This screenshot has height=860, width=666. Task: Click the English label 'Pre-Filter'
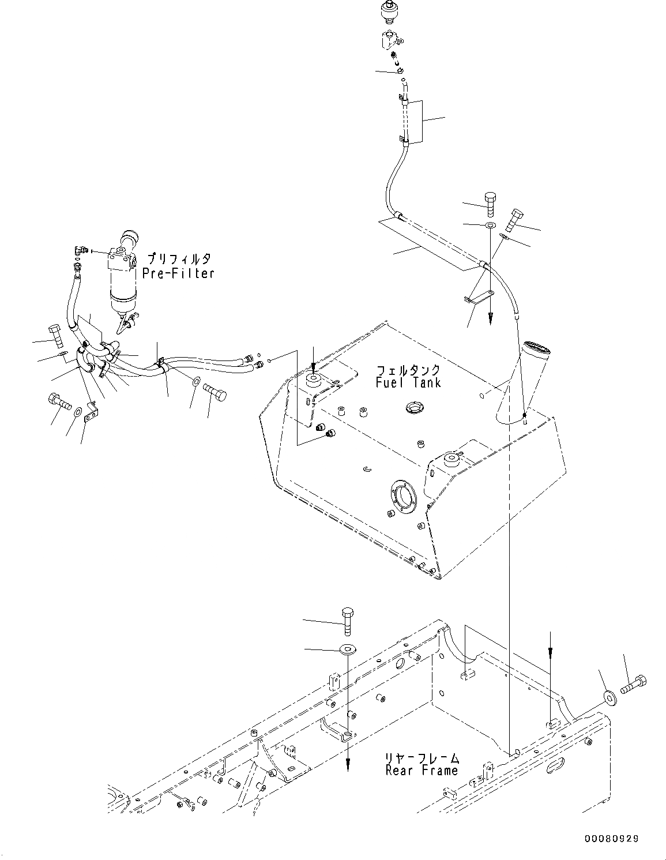[x=178, y=273]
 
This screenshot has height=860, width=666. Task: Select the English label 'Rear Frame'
[x=422, y=770]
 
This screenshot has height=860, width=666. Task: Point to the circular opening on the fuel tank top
[x=414, y=409]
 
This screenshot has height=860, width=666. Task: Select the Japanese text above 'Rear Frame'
[x=422, y=757]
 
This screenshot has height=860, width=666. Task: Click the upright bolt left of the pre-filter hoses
[x=56, y=334]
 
